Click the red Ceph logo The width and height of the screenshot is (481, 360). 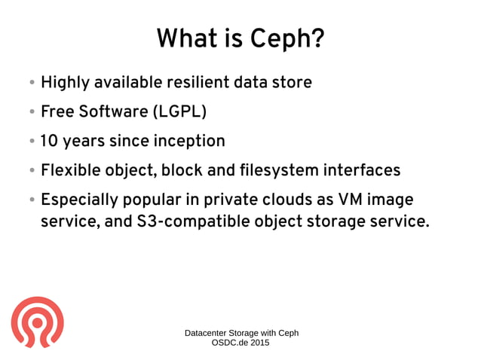point(37,321)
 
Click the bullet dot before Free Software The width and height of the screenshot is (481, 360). point(32,112)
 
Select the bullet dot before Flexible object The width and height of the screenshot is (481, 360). point(32,171)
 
